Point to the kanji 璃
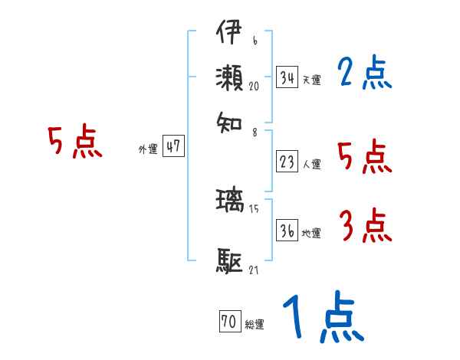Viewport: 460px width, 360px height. coord(231,201)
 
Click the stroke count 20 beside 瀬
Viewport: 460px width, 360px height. coord(254,86)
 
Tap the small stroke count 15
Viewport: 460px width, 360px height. coord(254,209)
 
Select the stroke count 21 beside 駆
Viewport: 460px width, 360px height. coord(254,270)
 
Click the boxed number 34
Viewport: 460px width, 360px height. coord(287,77)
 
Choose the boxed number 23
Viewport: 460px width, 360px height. coord(287,162)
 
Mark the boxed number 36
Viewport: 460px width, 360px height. coord(287,231)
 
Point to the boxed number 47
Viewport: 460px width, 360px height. coord(173,147)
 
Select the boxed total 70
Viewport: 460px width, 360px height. coord(229,322)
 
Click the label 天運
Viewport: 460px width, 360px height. coord(311,80)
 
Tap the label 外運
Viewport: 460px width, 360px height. coord(148,149)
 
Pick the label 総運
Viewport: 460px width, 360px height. coord(255,325)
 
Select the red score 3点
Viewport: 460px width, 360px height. coord(365,227)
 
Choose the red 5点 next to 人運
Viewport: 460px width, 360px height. coord(365,157)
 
